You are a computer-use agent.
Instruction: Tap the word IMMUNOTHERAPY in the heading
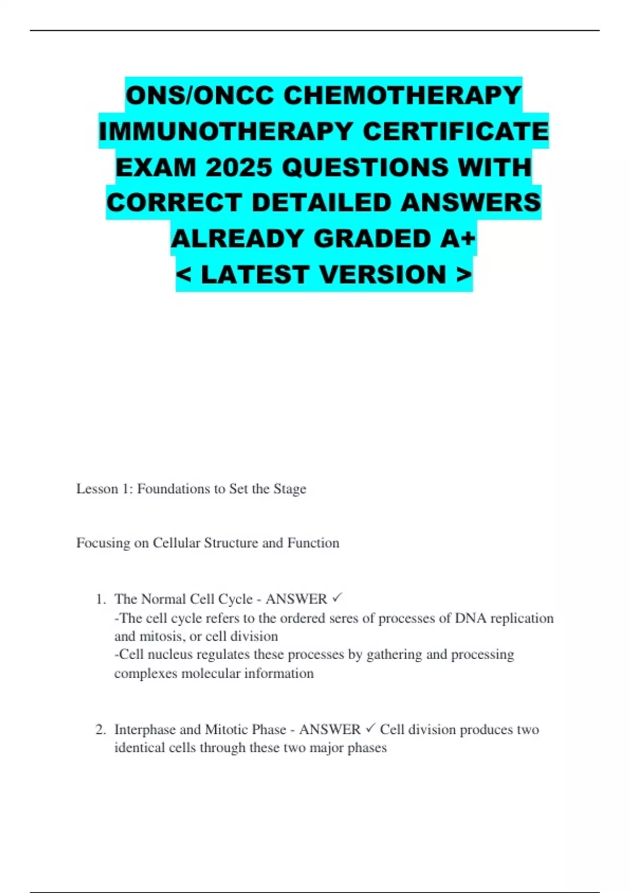226,131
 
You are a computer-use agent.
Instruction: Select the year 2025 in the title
239,168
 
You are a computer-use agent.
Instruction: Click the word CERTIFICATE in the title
456,131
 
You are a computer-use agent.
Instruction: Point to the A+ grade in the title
458,239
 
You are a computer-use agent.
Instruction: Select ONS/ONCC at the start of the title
200,96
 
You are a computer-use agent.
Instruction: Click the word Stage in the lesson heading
290,489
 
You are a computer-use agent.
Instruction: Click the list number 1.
100,599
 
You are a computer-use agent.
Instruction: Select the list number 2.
100,730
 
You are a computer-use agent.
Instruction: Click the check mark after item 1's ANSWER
338,598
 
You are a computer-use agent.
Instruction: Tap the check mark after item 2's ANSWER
371,728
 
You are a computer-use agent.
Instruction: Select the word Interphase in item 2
145,730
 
